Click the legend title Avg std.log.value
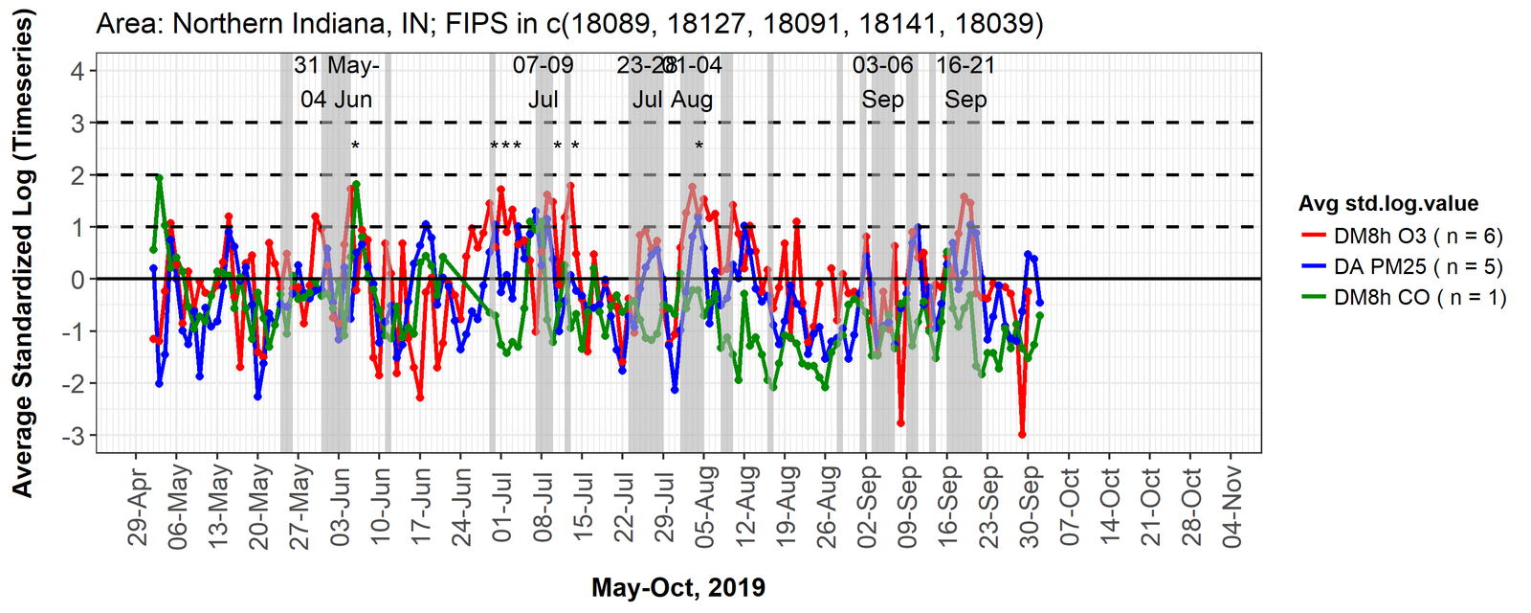pos(1387,203)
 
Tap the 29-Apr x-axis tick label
pos(140,506)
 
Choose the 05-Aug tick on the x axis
pos(704,506)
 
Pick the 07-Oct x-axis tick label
pos(1070,506)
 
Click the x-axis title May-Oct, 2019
pos(678,587)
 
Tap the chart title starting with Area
pos(569,23)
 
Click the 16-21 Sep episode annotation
pos(965,82)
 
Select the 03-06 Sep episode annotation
pos(882,82)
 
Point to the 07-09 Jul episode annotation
pos(544,82)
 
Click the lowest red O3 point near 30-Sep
pos(1022,434)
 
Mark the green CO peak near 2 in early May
pos(159,178)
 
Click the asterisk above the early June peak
pos(355,147)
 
